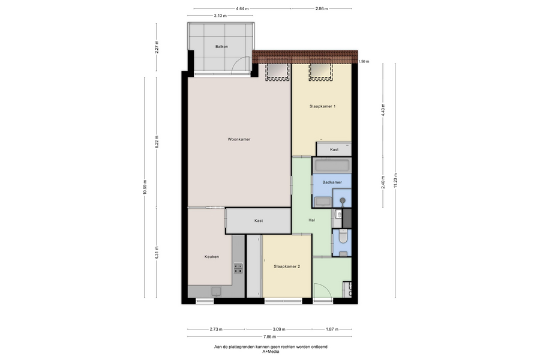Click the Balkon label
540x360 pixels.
(221, 47)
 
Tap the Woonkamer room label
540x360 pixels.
(239, 140)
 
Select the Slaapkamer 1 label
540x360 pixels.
(322, 106)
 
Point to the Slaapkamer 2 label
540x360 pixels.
(287, 266)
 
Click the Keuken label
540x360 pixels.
(211, 257)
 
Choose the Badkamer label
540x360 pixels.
(332, 182)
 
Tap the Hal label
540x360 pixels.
(311, 220)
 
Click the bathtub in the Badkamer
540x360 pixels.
(332, 166)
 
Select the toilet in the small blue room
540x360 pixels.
(343, 236)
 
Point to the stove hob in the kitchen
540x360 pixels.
(238, 268)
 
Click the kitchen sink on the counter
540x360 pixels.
(216, 292)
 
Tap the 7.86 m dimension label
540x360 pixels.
(269, 337)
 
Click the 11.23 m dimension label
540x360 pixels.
(395, 180)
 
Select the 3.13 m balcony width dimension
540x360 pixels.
(220, 16)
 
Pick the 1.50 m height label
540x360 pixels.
(364, 62)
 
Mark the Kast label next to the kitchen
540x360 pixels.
(258, 221)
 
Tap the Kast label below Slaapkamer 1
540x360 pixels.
(334, 150)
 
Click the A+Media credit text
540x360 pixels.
(271, 352)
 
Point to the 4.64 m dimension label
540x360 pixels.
(242, 8)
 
